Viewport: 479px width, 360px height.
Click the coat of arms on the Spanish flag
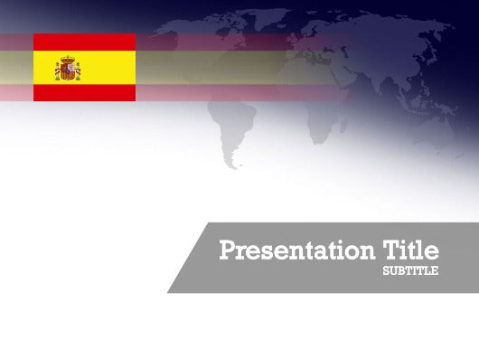(x=68, y=68)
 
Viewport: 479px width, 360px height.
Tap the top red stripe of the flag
(x=85, y=42)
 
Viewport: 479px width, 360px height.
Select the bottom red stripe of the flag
(x=85, y=92)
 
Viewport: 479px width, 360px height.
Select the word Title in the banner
(x=411, y=250)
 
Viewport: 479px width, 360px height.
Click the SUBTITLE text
(x=411, y=270)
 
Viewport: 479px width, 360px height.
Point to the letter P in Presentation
(x=226, y=250)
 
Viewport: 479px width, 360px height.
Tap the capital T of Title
(x=392, y=250)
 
